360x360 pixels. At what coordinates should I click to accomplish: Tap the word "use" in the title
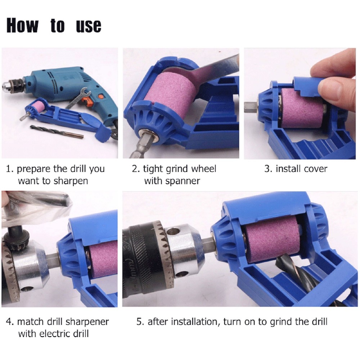pyautogui.click(x=89, y=26)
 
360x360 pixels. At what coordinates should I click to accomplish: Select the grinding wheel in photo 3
pyautogui.click(x=302, y=108)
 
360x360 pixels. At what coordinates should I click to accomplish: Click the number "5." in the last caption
pyautogui.click(x=140, y=321)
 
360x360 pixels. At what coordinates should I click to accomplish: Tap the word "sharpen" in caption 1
pyautogui.click(x=71, y=181)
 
